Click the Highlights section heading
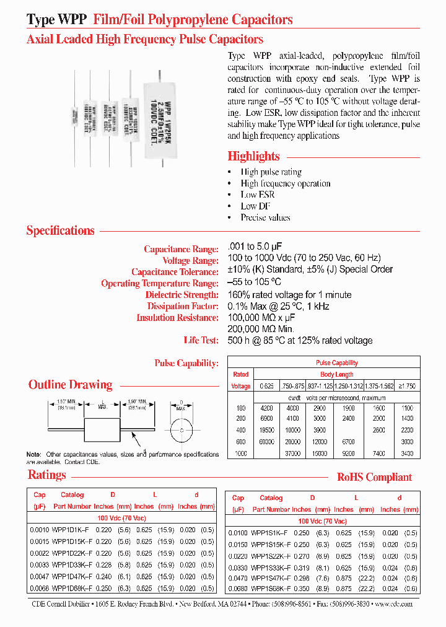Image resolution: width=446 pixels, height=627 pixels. pos(253,156)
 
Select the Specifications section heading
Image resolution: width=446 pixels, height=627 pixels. pos(60,230)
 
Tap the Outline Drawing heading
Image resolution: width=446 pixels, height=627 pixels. pos(70,385)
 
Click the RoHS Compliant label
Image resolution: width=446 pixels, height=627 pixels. pos(374,477)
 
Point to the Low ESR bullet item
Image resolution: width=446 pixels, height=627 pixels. pos(257,195)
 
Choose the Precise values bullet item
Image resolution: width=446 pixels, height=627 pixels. pos(265,217)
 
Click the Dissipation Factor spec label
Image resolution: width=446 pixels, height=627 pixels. pos(182,306)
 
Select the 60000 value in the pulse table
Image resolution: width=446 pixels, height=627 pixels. pos(267,442)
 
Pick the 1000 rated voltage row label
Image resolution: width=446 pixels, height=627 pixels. pos(240,454)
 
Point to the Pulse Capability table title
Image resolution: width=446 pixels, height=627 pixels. pos(336,362)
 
